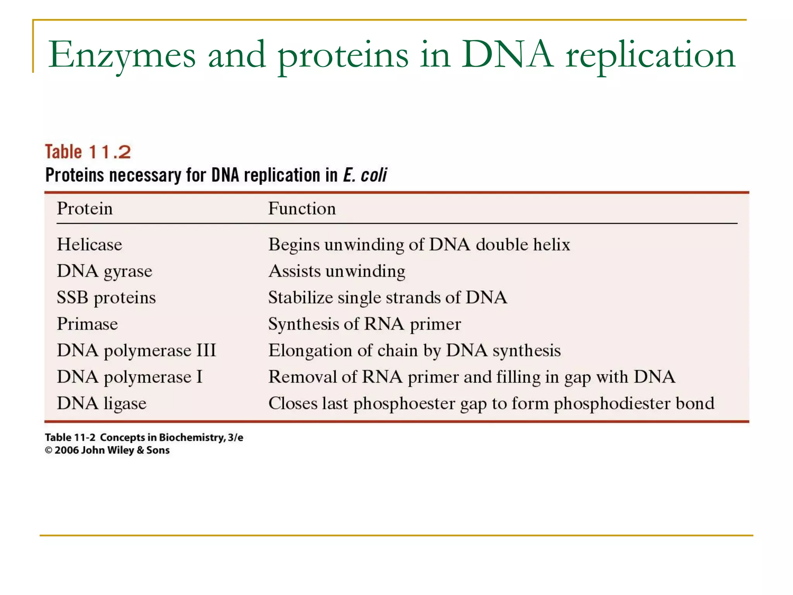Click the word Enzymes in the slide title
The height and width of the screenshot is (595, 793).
(122, 55)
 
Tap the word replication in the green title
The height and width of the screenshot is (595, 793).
(650, 55)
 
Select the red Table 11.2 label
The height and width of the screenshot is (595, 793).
(88, 152)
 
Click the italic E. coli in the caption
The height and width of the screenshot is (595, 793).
(365, 175)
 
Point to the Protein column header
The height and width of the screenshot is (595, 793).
(85, 208)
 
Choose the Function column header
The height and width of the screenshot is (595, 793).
(302, 208)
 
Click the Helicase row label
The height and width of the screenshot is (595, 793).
(89, 244)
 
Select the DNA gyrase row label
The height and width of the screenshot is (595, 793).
(105, 271)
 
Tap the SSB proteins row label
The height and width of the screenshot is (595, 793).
(106, 297)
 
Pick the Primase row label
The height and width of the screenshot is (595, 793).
(87, 324)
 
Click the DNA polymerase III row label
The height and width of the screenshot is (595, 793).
(136, 351)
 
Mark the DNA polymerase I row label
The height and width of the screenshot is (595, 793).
(130, 377)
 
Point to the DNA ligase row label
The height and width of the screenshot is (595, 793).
(101, 403)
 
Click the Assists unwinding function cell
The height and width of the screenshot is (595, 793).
(337, 271)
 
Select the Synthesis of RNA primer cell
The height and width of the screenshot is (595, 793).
(364, 324)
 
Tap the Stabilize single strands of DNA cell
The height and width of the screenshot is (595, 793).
(388, 297)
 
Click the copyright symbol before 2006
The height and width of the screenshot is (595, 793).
(48, 450)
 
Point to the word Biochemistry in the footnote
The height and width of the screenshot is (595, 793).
(192, 437)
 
